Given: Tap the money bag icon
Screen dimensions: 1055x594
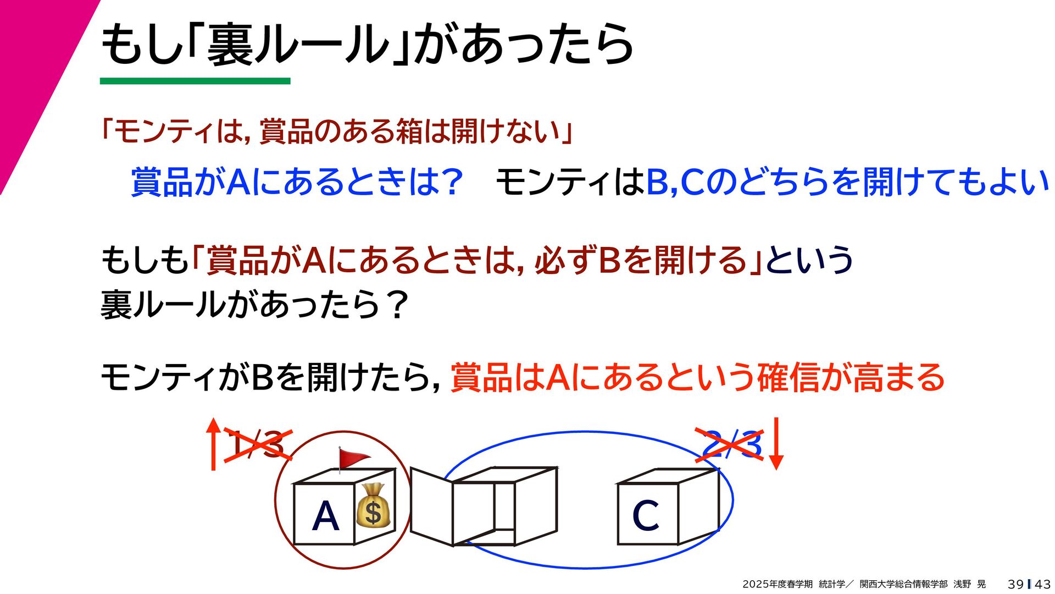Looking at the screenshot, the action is pos(373,512).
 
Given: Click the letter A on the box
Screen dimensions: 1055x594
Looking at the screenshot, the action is pos(325,516).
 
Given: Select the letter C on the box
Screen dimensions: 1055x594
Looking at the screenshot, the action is pos(645,515).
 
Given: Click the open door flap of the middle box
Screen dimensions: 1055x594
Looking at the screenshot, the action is pos(431,506).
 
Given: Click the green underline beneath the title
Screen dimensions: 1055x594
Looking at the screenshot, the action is pos(195,81).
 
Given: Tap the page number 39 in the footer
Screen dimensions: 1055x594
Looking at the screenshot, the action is pos(1015,584).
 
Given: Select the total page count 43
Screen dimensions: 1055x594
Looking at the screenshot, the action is pos(1042,584).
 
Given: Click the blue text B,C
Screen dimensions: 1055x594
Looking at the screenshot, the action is pos(675,182).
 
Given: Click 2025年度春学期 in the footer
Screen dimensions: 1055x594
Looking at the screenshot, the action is pos(777,584).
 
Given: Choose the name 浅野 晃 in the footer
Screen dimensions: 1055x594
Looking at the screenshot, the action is pos(969,584).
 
